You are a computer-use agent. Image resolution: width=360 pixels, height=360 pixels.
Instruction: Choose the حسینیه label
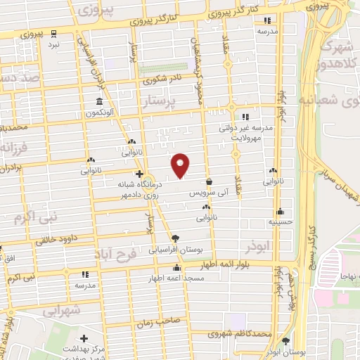click(x=280, y=221)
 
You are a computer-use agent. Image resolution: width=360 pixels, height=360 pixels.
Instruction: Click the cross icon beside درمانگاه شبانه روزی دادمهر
click(x=139, y=174)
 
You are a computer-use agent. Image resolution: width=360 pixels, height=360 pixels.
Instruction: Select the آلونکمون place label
click(x=103, y=112)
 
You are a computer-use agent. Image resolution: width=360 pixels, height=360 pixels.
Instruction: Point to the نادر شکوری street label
click(x=162, y=80)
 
